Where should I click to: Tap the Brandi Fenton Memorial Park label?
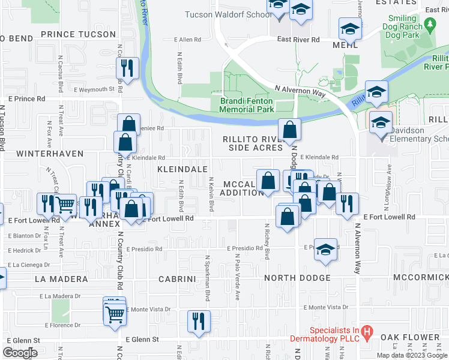point(247,105)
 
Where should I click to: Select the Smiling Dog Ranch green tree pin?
point(429,24)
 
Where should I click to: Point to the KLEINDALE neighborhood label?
point(182,170)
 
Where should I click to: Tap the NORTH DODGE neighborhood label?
point(297,278)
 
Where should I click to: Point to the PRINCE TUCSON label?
point(78,34)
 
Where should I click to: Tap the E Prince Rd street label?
point(26,98)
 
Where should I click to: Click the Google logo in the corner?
point(20,353)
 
